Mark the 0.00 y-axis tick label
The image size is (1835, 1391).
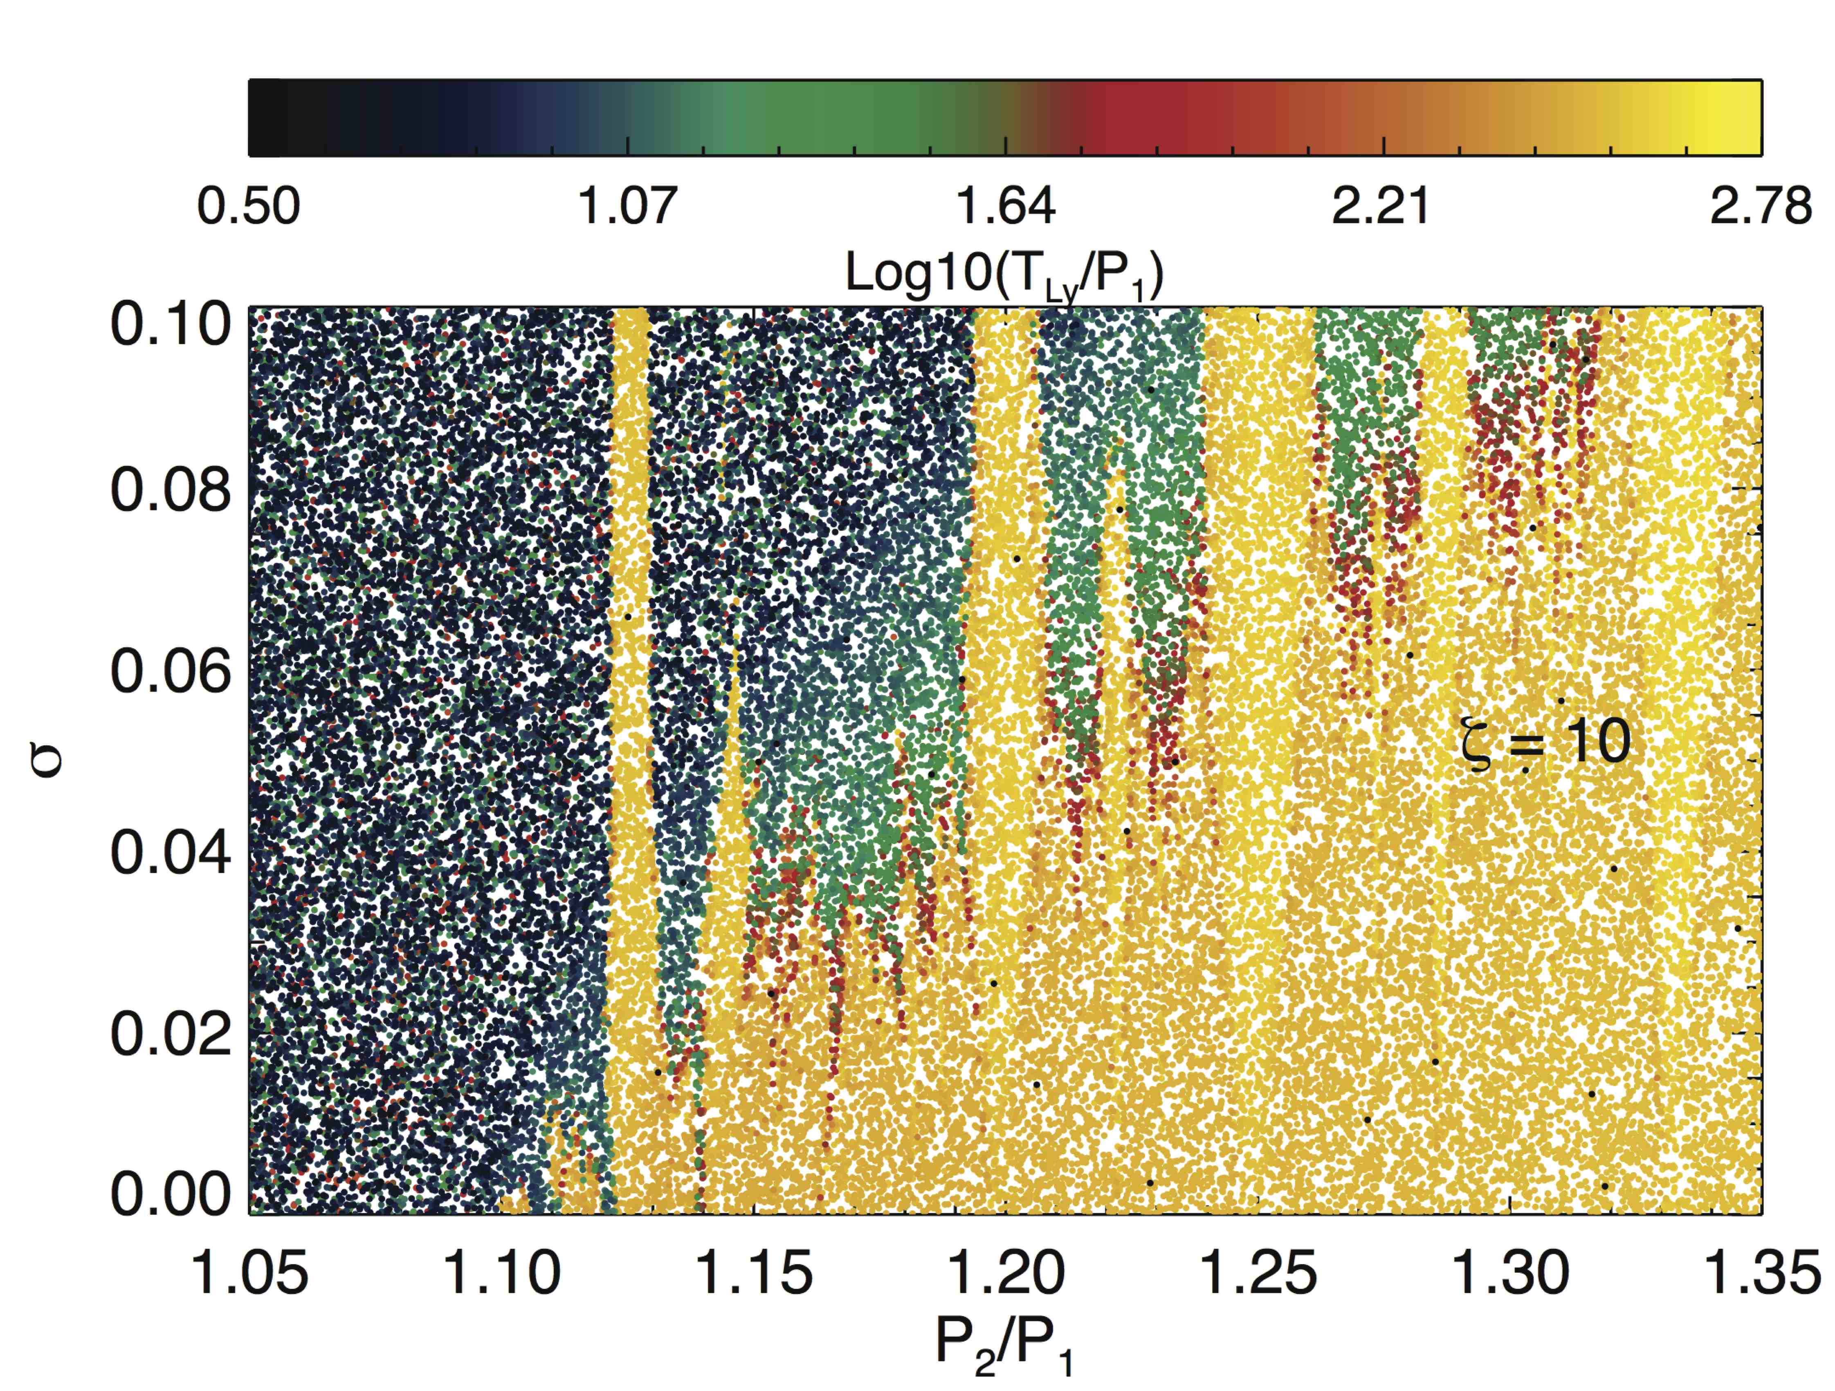[x=171, y=1194]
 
